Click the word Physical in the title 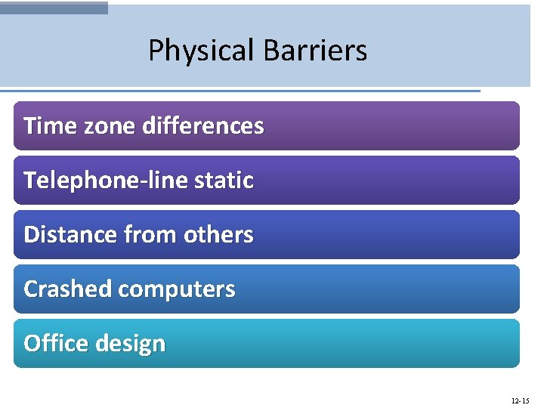[x=202, y=51]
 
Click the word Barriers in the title [x=315, y=51]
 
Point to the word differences [x=200, y=125]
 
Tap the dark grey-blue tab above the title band [x=54, y=7]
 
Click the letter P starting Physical [x=156, y=51]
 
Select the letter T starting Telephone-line [x=29, y=181]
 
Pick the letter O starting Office [x=32, y=344]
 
